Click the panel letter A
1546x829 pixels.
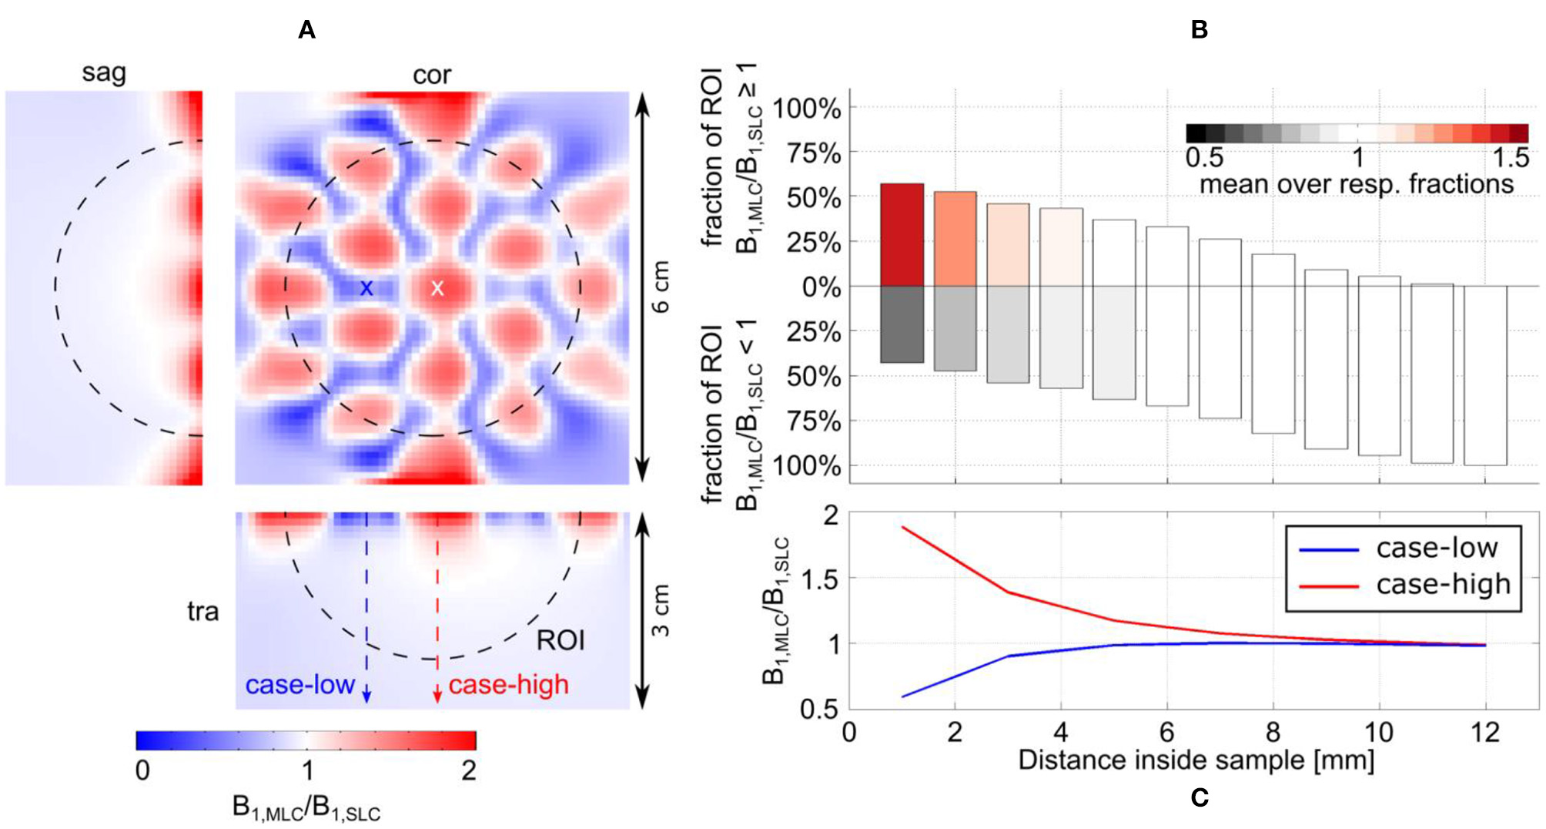[306, 30]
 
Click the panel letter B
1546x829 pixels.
[1199, 30]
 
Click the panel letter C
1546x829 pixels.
[1199, 798]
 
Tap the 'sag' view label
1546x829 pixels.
[104, 73]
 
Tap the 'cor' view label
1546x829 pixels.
[431, 75]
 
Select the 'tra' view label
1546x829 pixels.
[202, 612]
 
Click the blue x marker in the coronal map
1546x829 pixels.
[366, 288]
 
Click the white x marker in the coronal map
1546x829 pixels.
[437, 288]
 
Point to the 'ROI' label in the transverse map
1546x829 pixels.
[561, 640]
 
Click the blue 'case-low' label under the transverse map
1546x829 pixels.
[300, 684]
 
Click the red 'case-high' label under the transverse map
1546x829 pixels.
[508, 684]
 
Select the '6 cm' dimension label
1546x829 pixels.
[661, 287]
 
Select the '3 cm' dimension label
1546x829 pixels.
[661, 610]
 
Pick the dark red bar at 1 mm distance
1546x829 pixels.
[902, 235]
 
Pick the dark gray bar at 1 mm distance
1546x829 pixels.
[902, 324]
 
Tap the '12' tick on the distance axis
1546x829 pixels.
[1484, 732]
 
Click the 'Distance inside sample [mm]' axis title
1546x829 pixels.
[1196, 760]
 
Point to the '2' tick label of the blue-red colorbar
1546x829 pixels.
[468, 770]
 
